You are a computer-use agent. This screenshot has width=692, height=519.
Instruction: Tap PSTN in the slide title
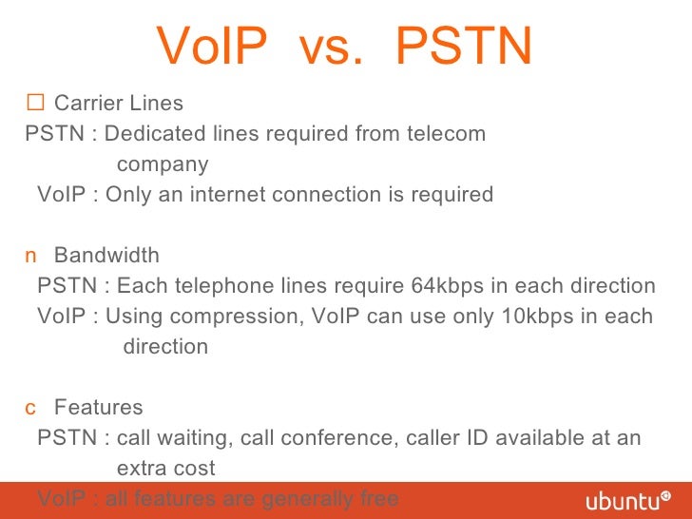[464, 46]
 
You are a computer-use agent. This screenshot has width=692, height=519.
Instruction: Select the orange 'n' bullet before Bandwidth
[30, 257]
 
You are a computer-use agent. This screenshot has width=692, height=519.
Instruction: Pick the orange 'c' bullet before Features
[30, 409]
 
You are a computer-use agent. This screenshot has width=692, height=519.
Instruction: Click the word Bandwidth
[106, 256]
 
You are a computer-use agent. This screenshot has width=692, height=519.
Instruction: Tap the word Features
[99, 408]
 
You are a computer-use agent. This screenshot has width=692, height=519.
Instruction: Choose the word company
[163, 165]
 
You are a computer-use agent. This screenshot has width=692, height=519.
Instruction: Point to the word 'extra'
[141, 469]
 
